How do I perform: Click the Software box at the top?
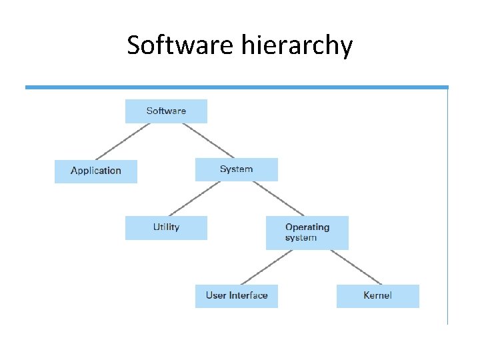(166, 111)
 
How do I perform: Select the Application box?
(96, 171)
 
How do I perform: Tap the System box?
(236, 169)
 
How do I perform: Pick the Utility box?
(166, 227)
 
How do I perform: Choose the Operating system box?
(307, 233)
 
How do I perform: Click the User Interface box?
(236, 295)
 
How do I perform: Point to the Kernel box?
(377, 295)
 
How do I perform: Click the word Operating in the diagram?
(307, 227)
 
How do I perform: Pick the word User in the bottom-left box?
(216, 295)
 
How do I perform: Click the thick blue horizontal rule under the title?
(237, 87)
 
